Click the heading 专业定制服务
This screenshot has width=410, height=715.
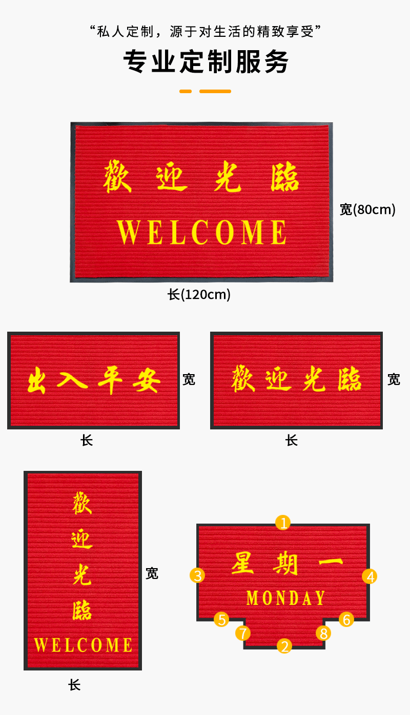coord(205,62)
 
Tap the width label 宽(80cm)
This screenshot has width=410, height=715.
coord(367,209)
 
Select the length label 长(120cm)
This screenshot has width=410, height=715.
coord(199,295)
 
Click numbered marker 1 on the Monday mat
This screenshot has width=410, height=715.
coord(283,523)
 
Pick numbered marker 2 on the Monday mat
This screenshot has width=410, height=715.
coord(284,646)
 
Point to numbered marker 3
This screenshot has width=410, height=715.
coord(197,575)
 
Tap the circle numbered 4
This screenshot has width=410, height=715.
coord(370,577)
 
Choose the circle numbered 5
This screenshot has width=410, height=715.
coord(221,620)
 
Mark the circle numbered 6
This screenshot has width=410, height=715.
coord(346,620)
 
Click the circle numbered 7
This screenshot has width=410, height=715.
coord(243,633)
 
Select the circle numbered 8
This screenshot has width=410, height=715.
coord(323,633)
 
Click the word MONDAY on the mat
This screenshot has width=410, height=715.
coord(285,598)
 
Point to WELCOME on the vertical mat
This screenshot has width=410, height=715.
coord(83,645)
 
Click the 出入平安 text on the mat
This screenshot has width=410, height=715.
coord(93,381)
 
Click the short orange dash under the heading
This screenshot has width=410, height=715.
coord(185,91)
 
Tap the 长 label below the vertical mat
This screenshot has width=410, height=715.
coord(75,685)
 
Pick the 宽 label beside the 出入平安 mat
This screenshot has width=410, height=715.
coord(189,379)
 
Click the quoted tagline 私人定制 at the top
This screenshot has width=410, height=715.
coord(205,31)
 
